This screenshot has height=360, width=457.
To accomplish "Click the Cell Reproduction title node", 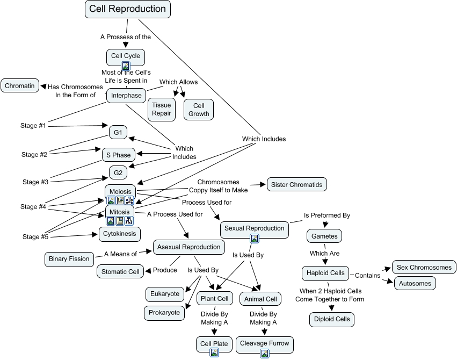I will click(x=127, y=9).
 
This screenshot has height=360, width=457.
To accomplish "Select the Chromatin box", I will click(x=20, y=85).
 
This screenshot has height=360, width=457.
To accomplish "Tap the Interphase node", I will click(x=126, y=96).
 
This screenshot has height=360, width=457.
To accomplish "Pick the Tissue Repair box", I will click(x=161, y=109).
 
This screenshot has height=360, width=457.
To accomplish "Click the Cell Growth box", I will click(x=199, y=109).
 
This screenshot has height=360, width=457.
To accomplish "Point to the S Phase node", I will click(x=118, y=155).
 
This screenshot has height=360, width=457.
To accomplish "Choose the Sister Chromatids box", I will click(x=296, y=185).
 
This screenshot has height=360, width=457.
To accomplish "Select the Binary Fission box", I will click(x=69, y=259).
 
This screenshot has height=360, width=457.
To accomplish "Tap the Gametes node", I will click(x=324, y=235).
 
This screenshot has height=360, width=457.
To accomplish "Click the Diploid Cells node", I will click(x=332, y=319).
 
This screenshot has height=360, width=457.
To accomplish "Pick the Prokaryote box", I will click(x=165, y=313).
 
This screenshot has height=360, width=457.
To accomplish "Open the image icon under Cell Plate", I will click(x=214, y=353).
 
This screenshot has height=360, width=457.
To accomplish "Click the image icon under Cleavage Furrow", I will click(x=265, y=353).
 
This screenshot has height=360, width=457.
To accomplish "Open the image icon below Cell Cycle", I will click(x=126, y=66).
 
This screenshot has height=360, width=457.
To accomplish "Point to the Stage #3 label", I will click(x=34, y=182).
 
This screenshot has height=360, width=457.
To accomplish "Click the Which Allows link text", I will click(x=178, y=82).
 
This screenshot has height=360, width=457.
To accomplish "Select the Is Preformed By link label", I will click(x=327, y=215).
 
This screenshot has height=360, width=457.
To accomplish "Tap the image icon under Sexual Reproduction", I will click(x=255, y=239).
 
